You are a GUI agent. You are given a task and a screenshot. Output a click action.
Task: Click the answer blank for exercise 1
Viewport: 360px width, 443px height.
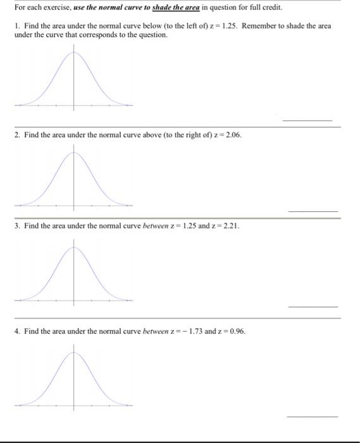(307, 120)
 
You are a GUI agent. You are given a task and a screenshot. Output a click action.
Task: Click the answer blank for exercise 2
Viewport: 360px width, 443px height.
(313, 211)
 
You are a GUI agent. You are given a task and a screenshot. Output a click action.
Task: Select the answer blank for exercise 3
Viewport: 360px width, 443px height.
(313, 306)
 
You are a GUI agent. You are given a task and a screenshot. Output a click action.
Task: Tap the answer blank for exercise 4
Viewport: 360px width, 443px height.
(313, 416)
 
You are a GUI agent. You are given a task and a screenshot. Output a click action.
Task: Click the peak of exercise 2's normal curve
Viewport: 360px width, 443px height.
(74, 152)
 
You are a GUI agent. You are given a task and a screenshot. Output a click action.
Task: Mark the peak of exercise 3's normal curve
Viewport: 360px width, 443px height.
(74, 247)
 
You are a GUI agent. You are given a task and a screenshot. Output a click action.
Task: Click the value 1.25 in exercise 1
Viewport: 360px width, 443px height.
(229, 26)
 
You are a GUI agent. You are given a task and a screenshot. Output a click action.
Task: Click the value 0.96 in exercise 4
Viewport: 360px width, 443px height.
(236, 331)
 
